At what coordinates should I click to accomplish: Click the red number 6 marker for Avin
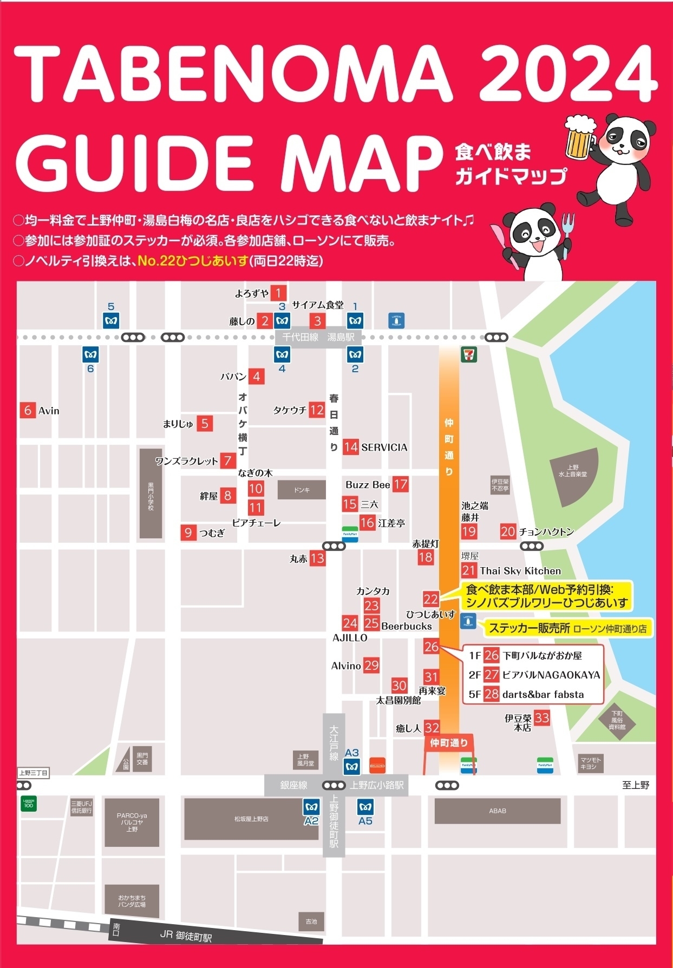(28, 410)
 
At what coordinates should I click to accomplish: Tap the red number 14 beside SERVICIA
(350, 447)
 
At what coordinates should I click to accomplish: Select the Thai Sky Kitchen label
(520, 571)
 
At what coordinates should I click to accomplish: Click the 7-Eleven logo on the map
(468, 355)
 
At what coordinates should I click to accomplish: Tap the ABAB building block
(498, 811)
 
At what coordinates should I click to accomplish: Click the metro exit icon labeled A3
(352, 766)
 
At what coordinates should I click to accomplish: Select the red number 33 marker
(541, 718)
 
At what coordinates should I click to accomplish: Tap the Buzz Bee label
(368, 485)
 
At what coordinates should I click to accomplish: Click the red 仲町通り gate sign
(449, 742)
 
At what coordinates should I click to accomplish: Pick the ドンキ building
(302, 490)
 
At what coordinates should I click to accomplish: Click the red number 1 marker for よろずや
(278, 293)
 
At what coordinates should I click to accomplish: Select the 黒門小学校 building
(151, 493)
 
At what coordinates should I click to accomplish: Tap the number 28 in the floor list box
(491, 694)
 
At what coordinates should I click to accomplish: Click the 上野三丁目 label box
(33, 773)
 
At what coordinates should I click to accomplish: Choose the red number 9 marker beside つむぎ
(188, 532)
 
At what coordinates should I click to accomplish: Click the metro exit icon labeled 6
(90, 355)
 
